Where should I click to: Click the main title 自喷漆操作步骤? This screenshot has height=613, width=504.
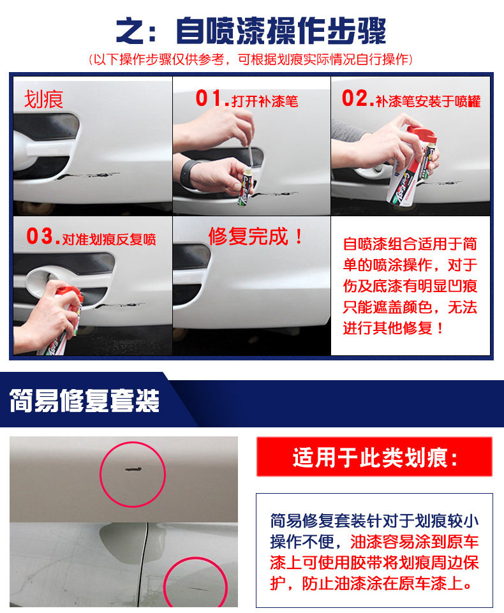(x=281, y=31)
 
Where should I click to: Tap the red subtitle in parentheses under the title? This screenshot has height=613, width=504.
(x=250, y=59)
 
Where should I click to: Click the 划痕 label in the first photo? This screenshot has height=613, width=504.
(x=43, y=100)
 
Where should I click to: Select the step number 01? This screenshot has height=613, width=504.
(x=212, y=98)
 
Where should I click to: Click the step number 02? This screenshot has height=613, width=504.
(x=357, y=98)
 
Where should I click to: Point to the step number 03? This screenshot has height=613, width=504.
(x=43, y=237)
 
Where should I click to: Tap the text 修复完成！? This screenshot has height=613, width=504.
(x=256, y=237)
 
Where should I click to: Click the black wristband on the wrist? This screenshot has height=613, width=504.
(x=188, y=172)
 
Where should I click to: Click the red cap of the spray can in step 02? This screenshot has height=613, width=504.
(x=421, y=134)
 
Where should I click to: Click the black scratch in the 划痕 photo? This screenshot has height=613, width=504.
(x=87, y=175)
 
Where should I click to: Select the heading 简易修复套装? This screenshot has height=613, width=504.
(x=84, y=401)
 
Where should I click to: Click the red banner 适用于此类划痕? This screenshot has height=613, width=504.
(x=374, y=456)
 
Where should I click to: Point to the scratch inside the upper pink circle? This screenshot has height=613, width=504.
(x=133, y=469)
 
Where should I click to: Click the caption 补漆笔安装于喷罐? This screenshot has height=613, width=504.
(x=428, y=101)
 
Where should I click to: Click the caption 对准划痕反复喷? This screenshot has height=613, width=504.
(x=109, y=239)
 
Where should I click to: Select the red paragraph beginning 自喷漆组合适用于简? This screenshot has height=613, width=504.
(x=410, y=286)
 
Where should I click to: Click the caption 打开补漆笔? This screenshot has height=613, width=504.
(x=265, y=101)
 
